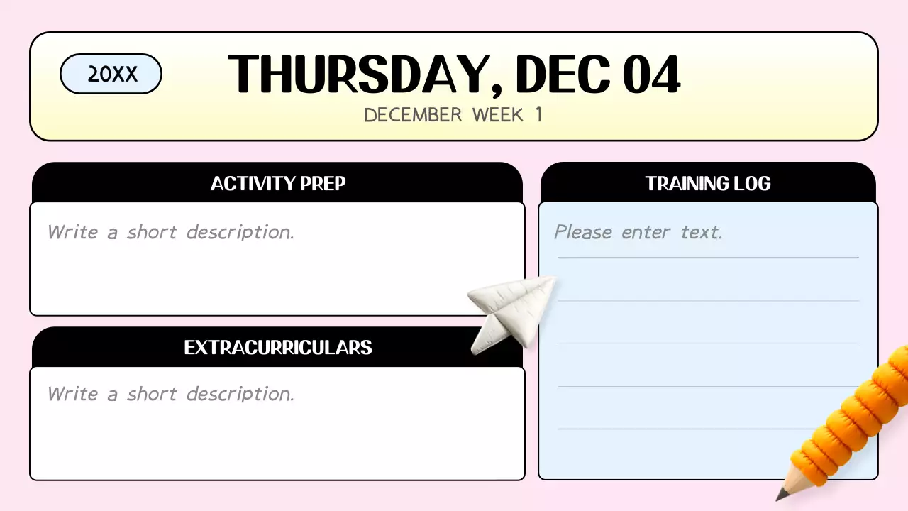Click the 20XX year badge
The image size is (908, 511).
point(111,74)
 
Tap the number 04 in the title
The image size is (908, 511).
point(651,75)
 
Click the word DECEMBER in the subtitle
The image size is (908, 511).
point(413,115)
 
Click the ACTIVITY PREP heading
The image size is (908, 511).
point(277,184)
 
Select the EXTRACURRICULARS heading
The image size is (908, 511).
point(277,347)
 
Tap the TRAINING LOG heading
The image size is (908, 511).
point(707,184)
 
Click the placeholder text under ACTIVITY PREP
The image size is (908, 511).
point(170,232)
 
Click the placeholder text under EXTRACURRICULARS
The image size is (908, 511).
point(170,394)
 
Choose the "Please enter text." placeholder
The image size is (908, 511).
point(638,232)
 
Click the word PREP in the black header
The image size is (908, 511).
point(323,184)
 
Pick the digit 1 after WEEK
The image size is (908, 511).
point(538,115)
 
